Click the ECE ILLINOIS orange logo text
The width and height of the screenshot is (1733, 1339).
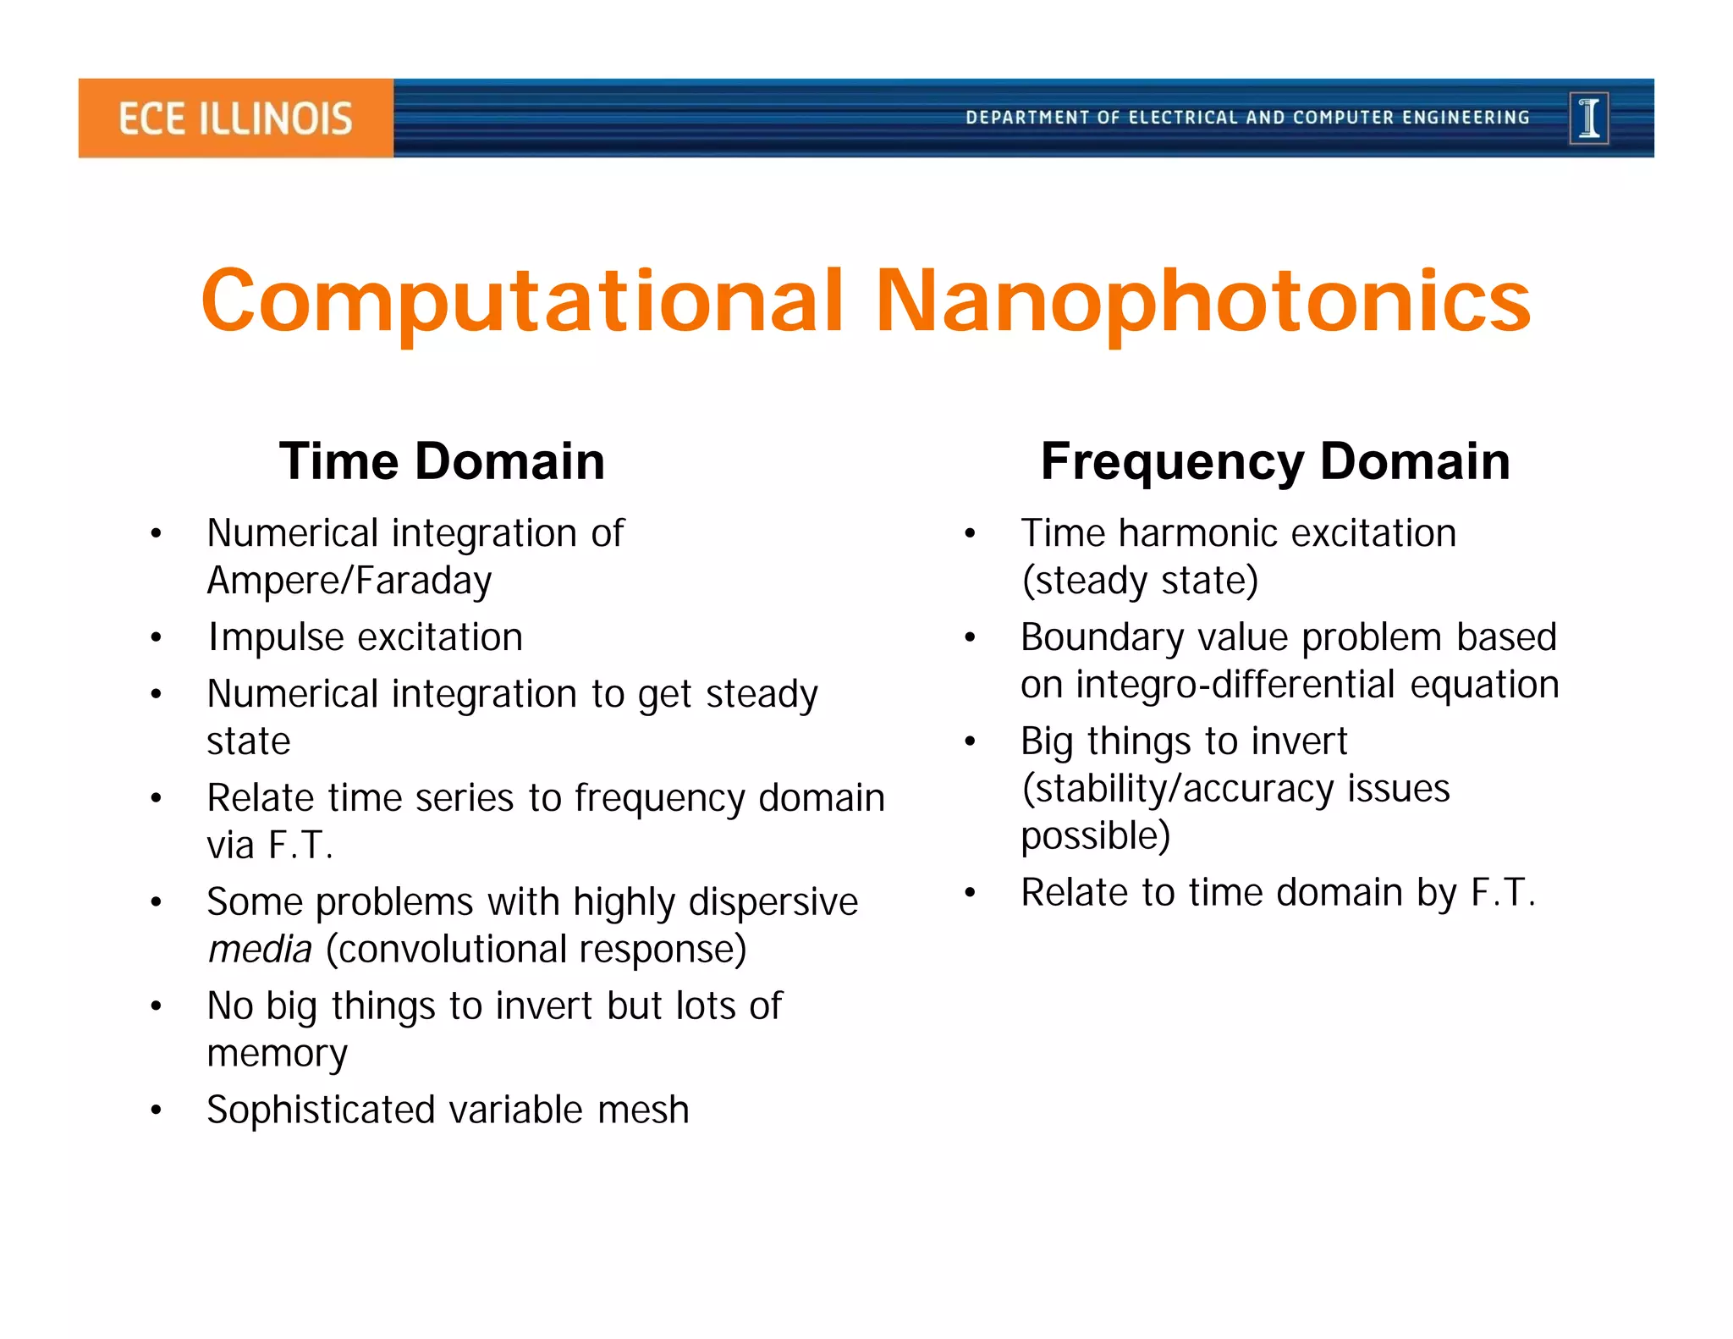[x=234, y=118]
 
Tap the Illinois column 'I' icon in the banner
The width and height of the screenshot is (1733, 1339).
[x=1588, y=118]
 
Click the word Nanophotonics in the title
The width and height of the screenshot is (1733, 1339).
[x=1202, y=302]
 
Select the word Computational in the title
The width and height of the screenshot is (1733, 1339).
[x=522, y=302]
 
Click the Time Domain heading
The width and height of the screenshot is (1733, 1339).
[x=442, y=462]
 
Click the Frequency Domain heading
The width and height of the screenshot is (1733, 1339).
[x=1274, y=462]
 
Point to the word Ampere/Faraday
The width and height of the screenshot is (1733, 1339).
[x=349, y=581]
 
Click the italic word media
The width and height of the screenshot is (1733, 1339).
[x=260, y=950]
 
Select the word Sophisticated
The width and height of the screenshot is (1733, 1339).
[x=321, y=1110]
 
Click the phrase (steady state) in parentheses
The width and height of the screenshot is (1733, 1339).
[x=1140, y=581]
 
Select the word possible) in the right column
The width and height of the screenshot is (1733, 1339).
[x=1095, y=836]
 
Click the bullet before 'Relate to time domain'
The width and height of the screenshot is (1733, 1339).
[x=970, y=893]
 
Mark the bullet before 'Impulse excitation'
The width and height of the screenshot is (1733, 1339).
[x=156, y=638]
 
